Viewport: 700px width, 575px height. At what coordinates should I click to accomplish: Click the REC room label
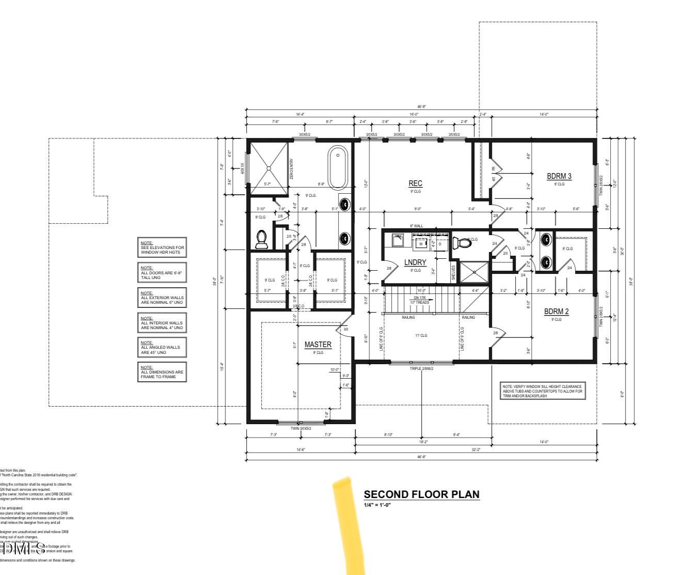(415, 183)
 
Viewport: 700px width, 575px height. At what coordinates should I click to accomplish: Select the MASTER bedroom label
(317, 345)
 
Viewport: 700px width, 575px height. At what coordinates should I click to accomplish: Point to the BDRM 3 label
(559, 176)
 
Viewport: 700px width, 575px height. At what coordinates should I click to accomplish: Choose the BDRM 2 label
(556, 312)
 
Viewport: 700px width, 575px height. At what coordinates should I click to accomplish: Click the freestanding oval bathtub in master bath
(338, 168)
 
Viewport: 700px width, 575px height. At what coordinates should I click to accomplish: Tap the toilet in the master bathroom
(261, 239)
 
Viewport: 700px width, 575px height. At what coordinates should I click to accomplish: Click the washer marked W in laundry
(420, 244)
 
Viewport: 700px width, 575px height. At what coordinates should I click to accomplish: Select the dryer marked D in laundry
(439, 244)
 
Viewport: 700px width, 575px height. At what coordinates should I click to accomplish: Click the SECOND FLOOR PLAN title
(421, 494)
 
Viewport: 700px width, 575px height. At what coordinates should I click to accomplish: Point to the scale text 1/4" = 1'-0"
(377, 505)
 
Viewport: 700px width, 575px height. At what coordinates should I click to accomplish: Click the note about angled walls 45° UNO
(162, 347)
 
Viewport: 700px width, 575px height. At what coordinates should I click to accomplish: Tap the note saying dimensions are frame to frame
(162, 372)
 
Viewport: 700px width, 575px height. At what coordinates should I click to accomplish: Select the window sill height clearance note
(543, 391)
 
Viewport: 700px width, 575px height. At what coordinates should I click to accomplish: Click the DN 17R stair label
(420, 298)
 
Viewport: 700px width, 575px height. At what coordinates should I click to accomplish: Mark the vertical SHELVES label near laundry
(453, 273)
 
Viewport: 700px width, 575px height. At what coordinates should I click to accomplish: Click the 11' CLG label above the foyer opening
(421, 336)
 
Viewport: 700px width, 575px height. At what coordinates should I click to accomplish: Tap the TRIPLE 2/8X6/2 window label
(421, 369)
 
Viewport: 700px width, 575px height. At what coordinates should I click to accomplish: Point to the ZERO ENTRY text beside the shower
(292, 169)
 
